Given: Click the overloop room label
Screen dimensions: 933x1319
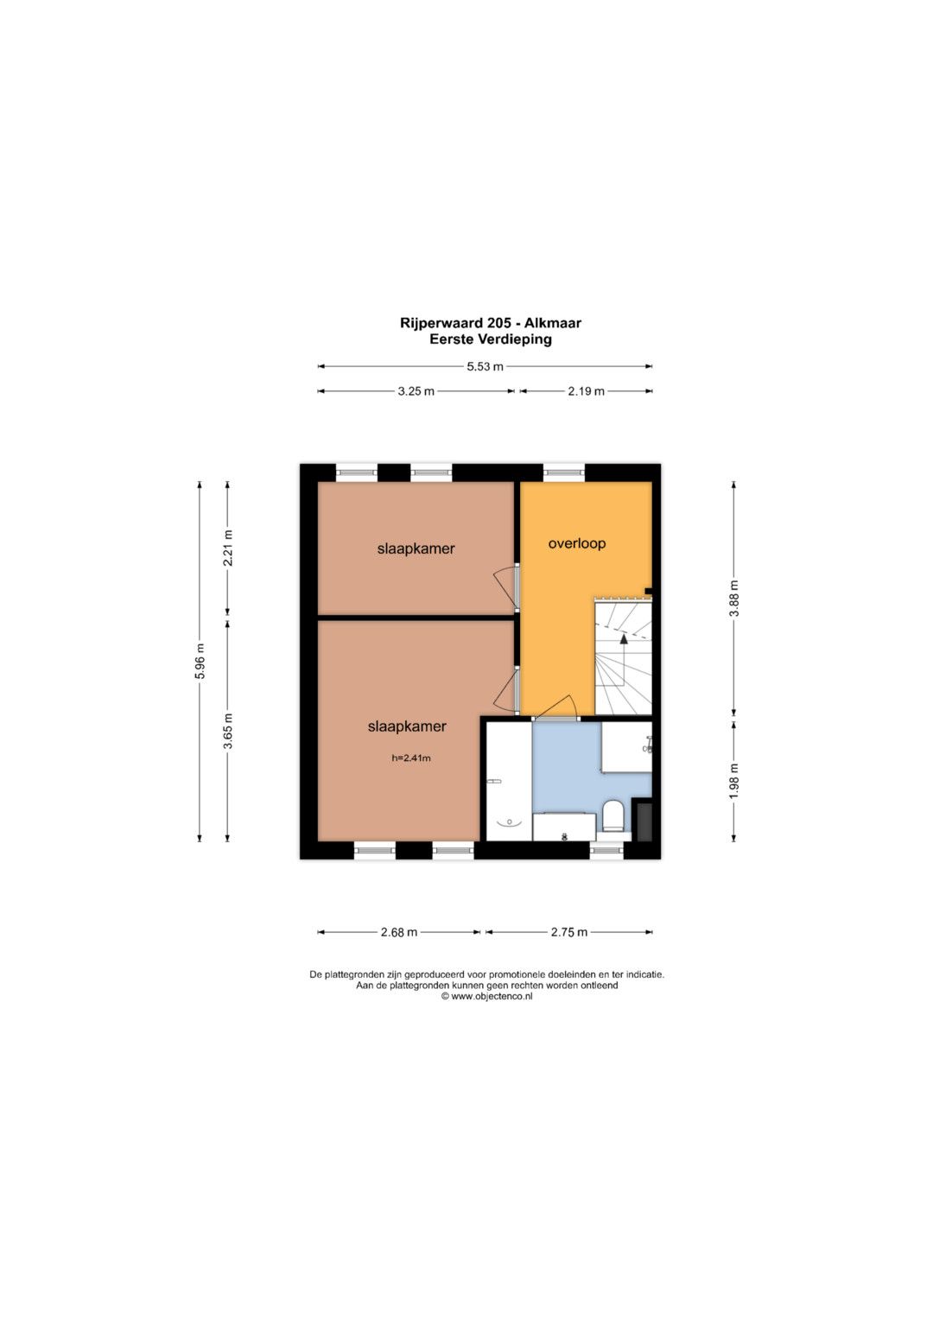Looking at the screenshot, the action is [577, 543].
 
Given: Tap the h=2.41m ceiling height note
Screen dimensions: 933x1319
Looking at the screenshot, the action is [411, 758].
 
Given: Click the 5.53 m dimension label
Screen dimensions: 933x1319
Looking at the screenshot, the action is [485, 366].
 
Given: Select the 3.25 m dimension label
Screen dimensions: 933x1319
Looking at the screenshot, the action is [416, 391].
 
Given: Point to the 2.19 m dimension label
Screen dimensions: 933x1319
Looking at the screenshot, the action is [586, 391].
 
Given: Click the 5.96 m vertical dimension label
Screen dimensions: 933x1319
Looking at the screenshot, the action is [200, 662].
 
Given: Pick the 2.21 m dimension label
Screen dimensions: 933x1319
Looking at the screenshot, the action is [228, 549].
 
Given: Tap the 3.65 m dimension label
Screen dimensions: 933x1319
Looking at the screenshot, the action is [228, 731].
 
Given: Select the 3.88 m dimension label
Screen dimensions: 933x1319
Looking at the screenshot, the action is [734, 599].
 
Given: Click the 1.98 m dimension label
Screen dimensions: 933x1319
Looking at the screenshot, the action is [734, 782].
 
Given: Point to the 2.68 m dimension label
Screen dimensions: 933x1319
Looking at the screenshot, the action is [399, 932].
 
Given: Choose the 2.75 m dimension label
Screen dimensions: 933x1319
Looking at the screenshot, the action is [569, 932].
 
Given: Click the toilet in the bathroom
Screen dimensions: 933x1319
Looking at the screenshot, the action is [613, 815].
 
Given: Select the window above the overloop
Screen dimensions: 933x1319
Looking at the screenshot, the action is [563, 472].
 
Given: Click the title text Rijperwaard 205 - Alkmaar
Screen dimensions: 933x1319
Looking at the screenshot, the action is [491, 323].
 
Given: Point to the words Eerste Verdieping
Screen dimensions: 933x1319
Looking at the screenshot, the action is [491, 339].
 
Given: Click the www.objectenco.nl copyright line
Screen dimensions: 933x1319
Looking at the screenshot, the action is [487, 996].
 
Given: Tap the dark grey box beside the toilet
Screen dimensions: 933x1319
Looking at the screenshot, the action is [642, 820].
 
